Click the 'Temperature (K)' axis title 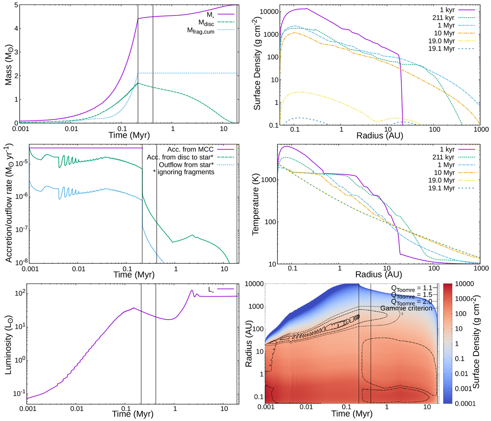(x=257, y=203)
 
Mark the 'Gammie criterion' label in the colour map (x=406, y=308)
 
